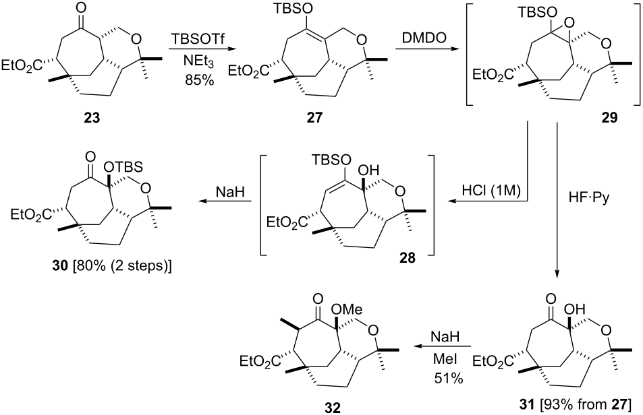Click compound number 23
pyautogui.click(x=92, y=119)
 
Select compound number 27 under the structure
pyautogui.click(x=314, y=119)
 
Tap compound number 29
pyautogui.click(x=609, y=118)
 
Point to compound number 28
pyautogui.click(x=406, y=258)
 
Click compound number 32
pyautogui.click(x=331, y=408)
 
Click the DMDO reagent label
pyautogui.click(x=420, y=40)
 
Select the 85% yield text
pyautogui.click(x=200, y=79)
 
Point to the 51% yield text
pyautogui.click(x=448, y=378)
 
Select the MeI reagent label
pyautogui.click(x=445, y=359)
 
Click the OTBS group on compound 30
pyautogui.click(x=123, y=167)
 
